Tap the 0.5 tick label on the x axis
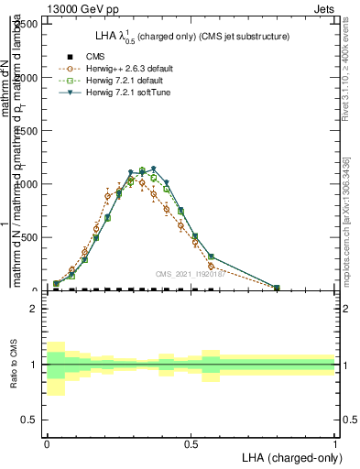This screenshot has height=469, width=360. pos(191,443)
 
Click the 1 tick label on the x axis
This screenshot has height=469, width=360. pos(334,443)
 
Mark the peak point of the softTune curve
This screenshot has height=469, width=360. pos(153,169)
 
